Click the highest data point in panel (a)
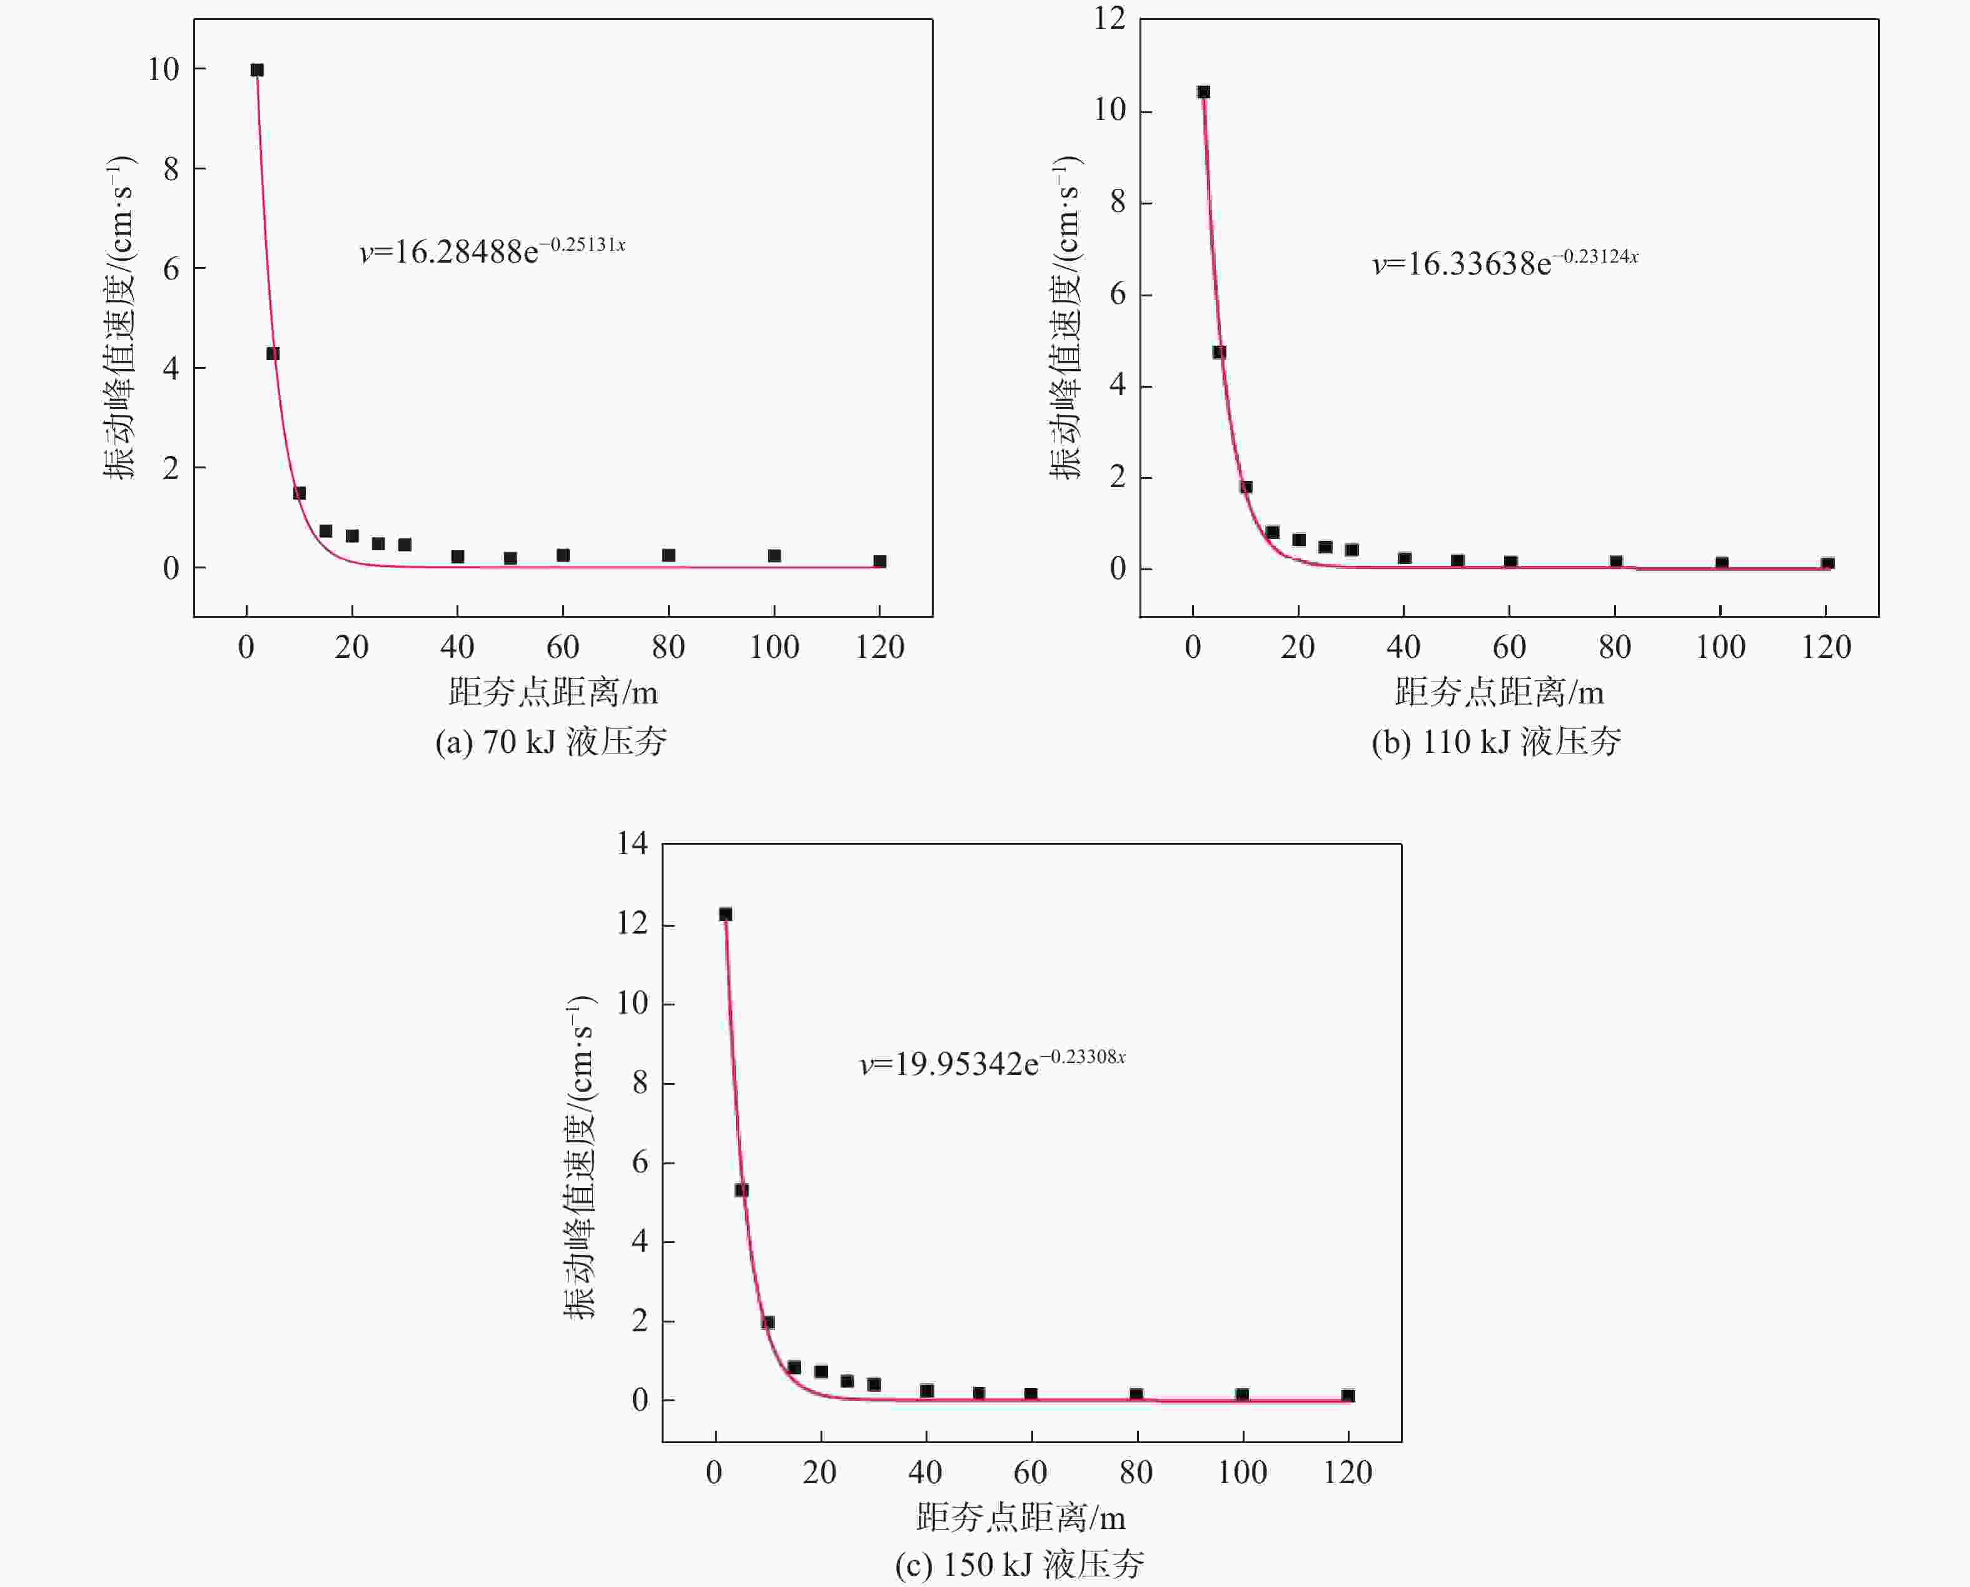click(257, 71)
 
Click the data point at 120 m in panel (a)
click(879, 562)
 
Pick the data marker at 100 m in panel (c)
click(1241, 1395)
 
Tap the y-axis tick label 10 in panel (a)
click(164, 69)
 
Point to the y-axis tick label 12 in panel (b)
click(1110, 18)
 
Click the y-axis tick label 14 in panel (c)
click(632, 843)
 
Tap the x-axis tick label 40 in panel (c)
click(925, 1473)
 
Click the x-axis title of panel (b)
click(1499, 693)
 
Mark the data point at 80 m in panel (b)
click(1615, 562)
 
